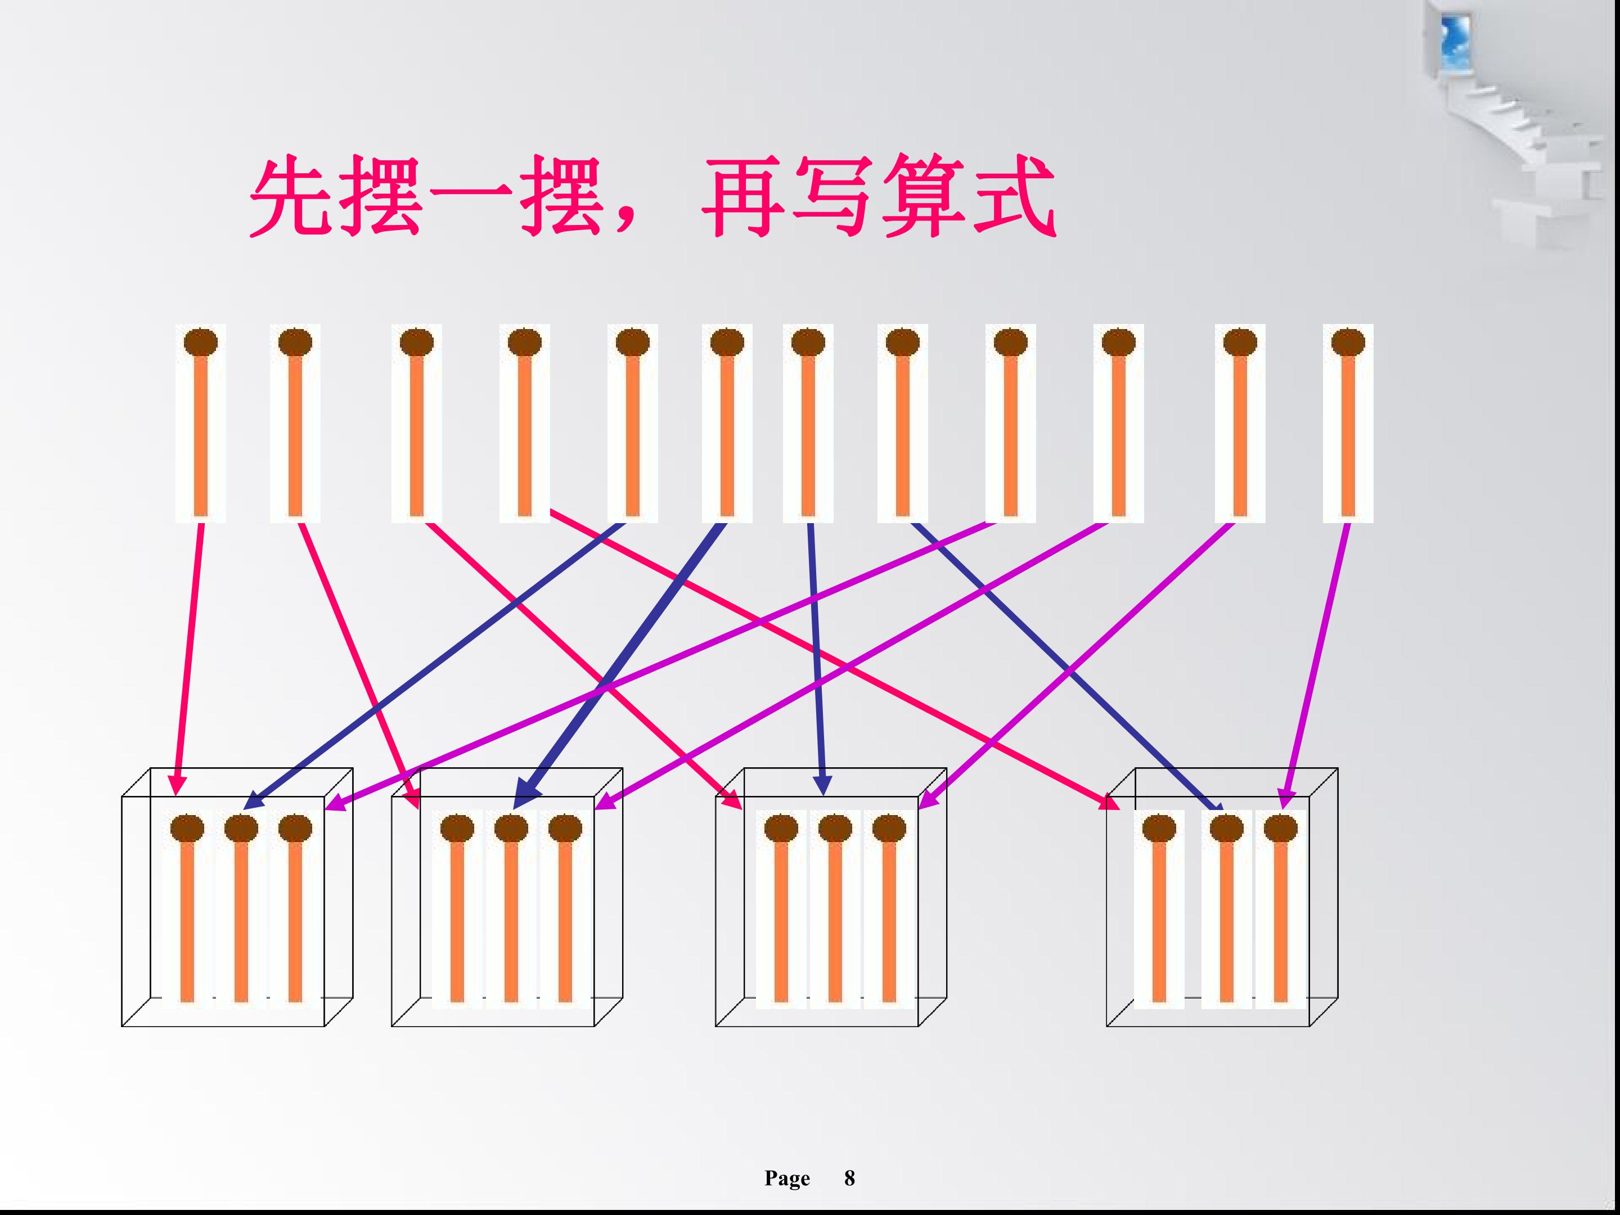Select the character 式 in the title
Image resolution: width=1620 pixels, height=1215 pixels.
coord(1014,196)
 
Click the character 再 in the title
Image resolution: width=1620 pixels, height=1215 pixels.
coord(744,196)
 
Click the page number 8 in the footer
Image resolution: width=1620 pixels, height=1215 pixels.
coord(849,1178)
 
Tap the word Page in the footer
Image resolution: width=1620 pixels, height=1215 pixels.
coord(787,1178)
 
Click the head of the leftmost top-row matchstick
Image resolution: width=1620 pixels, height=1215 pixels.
coord(201,342)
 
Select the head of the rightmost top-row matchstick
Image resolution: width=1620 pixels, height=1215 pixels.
coord(1348,342)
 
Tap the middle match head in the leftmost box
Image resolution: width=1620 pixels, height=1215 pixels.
coord(241,829)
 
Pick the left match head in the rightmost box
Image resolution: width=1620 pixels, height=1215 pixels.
coord(1159,829)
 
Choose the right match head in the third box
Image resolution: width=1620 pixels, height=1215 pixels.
coord(889,829)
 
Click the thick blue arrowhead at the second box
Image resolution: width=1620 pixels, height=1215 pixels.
coord(525,795)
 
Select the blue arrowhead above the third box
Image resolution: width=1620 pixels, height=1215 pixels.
coord(822,785)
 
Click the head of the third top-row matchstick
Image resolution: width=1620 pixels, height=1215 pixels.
coord(417,342)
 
